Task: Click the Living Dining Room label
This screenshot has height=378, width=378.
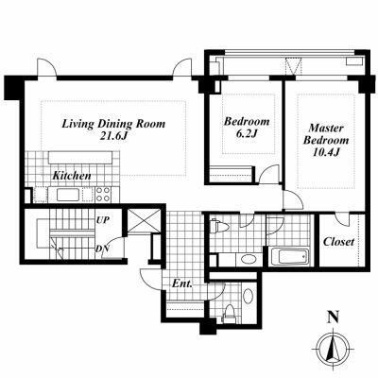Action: (x=113, y=124)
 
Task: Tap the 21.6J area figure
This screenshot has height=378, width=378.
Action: (x=113, y=136)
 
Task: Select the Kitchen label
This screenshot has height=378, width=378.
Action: (x=72, y=176)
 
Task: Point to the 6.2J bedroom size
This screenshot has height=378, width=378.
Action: (x=247, y=133)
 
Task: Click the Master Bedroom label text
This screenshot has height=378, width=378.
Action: (x=326, y=134)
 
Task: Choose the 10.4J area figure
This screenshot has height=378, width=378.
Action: (x=326, y=152)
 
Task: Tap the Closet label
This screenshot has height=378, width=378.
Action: (x=338, y=242)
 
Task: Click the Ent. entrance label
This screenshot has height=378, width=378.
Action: (x=181, y=283)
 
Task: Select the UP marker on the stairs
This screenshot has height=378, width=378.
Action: (x=103, y=220)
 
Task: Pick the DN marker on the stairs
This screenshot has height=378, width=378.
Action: (x=102, y=249)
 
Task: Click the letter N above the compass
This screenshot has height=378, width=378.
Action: (x=333, y=317)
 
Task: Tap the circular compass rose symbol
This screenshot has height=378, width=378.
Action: (x=333, y=348)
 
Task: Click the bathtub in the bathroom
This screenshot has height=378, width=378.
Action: (x=289, y=258)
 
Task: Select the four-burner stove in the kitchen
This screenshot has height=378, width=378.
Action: (x=103, y=194)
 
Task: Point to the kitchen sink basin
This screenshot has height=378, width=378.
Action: (x=69, y=195)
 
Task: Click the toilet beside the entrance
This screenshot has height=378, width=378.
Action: (x=229, y=313)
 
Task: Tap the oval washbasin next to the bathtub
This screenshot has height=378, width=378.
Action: (x=249, y=260)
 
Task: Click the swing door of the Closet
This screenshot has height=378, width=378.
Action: (x=342, y=219)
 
